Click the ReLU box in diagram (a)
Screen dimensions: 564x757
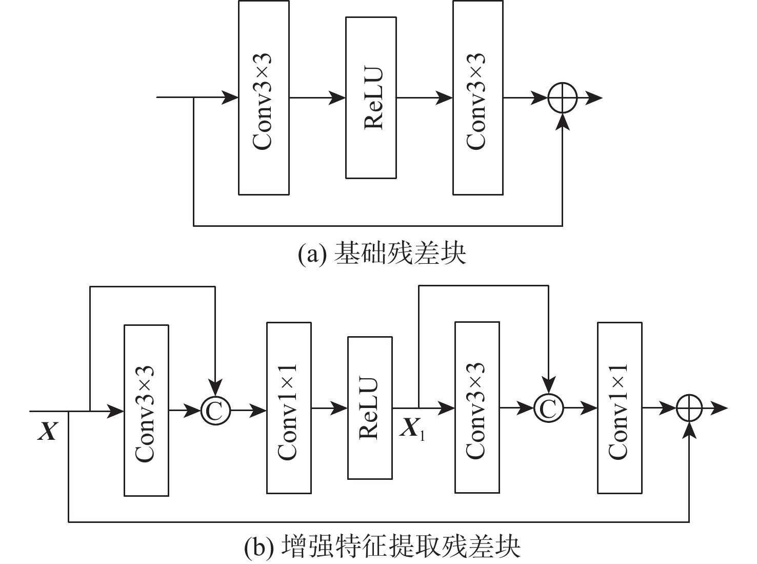click(x=371, y=98)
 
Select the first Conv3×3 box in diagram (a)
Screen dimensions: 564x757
click(x=264, y=98)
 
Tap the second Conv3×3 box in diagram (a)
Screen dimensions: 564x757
click(x=477, y=98)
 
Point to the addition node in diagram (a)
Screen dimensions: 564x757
click(x=563, y=98)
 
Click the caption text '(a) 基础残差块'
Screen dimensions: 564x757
click(x=382, y=254)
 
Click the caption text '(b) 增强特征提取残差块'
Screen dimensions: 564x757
click(x=382, y=547)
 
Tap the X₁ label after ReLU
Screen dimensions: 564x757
click(x=412, y=428)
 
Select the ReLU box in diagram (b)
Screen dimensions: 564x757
click(x=370, y=408)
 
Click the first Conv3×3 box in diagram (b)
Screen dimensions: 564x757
click(x=146, y=411)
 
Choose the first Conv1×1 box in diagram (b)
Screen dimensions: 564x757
click(x=289, y=408)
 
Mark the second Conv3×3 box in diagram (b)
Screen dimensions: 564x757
click(x=477, y=408)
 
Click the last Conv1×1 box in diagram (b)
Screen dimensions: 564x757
click(x=620, y=408)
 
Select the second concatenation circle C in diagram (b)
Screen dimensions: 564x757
click(x=548, y=408)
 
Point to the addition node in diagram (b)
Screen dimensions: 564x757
click(x=689, y=408)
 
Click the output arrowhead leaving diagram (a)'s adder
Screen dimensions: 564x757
click(x=595, y=98)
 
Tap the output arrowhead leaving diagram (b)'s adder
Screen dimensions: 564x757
click(x=721, y=408)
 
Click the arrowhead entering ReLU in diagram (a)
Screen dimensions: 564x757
click(x=338, y=98)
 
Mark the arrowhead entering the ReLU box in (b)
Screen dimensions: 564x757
click(x=341, y=408)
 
